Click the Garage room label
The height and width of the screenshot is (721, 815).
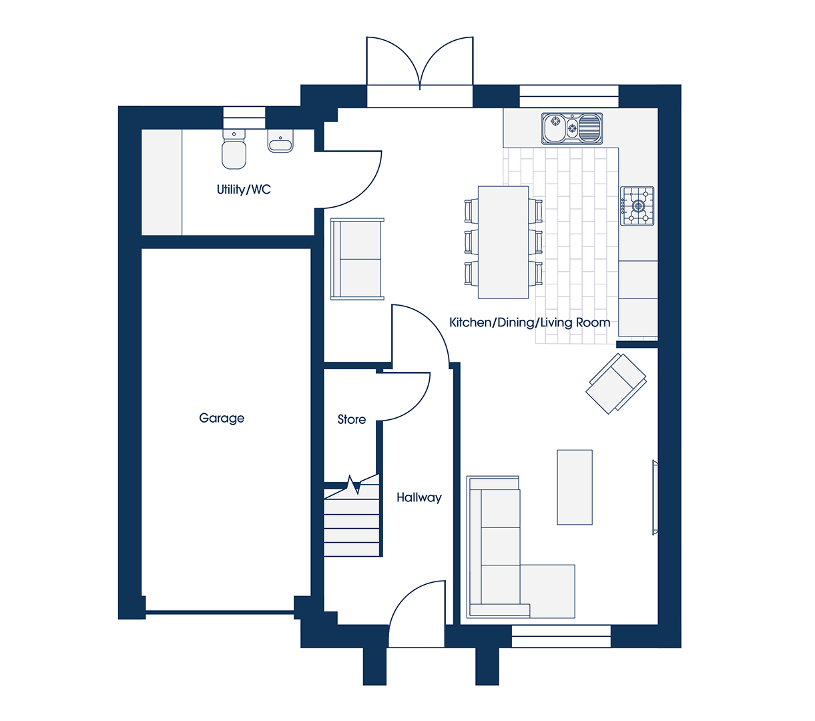point(222,419)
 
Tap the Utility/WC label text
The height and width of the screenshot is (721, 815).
point(244,190)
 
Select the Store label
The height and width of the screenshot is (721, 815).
point(352,420)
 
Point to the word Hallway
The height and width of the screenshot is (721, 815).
point(419,498)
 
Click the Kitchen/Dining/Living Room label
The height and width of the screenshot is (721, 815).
point(530,322)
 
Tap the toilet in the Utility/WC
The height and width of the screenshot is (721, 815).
point(234,149)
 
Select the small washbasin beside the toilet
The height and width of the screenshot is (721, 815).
point(280,141)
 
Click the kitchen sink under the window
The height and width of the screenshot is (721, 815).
point(572,128)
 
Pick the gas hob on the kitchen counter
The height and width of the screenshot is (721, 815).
point(637,206)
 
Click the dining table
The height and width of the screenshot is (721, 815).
point(503,242)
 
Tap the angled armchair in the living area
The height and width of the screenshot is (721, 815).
point(616,383)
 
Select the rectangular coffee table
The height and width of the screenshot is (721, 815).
point(575,487)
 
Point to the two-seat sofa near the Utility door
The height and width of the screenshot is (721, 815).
point(357,259)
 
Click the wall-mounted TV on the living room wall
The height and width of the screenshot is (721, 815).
point(655,498)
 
